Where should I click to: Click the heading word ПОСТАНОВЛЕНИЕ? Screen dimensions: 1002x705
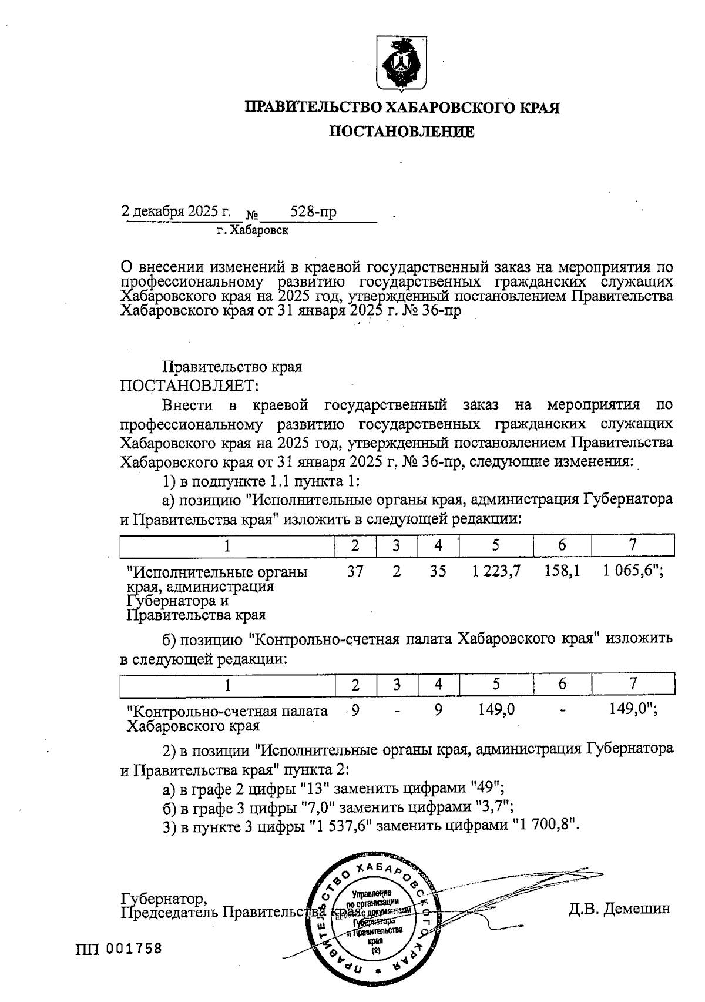[401, 132]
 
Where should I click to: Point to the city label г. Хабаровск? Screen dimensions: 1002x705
[253, 230]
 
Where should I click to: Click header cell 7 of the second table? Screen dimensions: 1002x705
[633, 683]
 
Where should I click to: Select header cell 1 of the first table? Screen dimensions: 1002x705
[227, 546]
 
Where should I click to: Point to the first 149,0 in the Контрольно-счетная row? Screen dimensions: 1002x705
[496, 710]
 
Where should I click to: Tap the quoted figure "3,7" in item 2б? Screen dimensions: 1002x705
[497, 806]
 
